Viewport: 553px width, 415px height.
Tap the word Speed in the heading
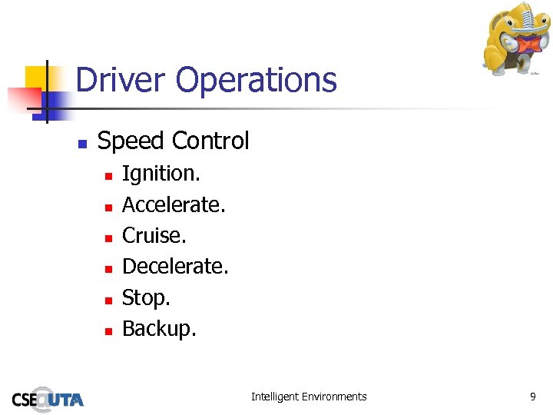tap(131, 141)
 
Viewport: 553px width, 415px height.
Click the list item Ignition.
tap(161, 174)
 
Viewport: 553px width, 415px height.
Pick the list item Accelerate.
tap(174, 204)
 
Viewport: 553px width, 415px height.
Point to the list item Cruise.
tap(154, 235)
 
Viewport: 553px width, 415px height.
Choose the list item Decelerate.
tap(175, 266)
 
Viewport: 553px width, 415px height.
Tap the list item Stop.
tap(146, 297)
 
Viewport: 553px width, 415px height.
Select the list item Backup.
tap(159, 328)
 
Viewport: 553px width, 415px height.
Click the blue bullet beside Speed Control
tap(81, 143)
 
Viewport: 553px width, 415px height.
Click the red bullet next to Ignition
tap(108, 176)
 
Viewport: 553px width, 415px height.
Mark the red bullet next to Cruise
tap(108, 237)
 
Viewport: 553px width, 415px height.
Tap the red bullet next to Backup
tap(108, 330)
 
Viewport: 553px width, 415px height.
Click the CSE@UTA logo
tap(48, 398)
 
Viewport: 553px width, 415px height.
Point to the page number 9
tap(533, 397)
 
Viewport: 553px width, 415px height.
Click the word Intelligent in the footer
tap(275, 397)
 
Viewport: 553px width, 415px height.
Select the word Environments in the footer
tap(334, 397)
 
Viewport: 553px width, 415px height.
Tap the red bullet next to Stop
tap(108, 300)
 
